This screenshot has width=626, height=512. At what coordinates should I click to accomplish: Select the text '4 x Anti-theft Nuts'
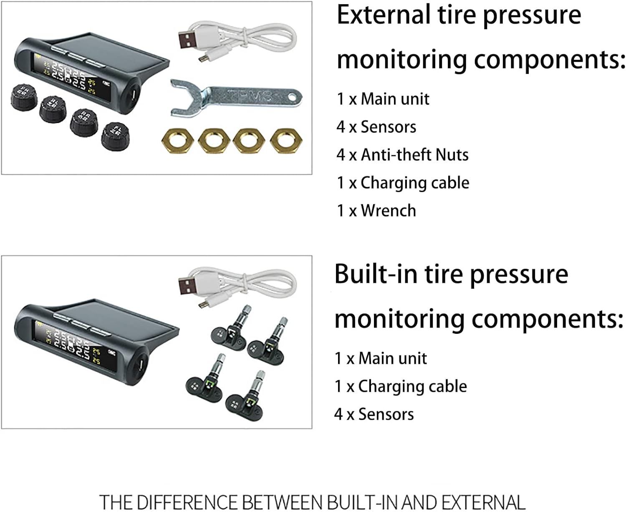tap(402, 155)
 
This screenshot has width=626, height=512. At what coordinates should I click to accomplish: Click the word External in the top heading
tap(383, 15)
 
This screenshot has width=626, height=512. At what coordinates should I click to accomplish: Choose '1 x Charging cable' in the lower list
tap(401, 386)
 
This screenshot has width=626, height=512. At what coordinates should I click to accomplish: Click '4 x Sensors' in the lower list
tap(374, 414)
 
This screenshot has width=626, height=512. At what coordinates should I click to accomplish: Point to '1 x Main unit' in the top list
tap(383, 99)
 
